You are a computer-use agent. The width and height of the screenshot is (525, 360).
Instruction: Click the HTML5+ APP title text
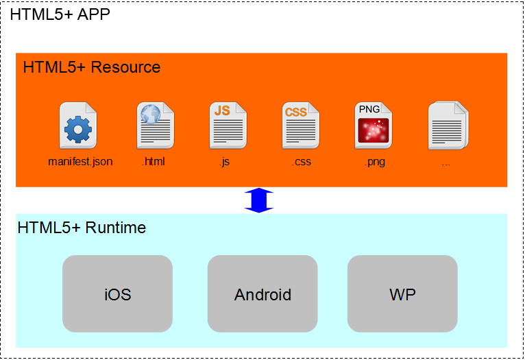[60, 14]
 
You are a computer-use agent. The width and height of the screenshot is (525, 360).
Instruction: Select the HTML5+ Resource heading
[91, 67]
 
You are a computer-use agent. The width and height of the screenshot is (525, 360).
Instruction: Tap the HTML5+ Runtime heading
[82, 228]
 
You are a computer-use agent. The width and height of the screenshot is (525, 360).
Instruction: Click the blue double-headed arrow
[259, 200]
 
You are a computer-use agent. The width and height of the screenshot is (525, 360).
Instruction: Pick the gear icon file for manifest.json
[77, 126]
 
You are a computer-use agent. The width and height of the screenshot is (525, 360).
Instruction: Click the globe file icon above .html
[155, 126]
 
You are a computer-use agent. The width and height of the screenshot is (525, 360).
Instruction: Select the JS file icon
[228, 126]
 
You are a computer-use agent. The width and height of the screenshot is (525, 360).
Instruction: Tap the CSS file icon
[300, 126]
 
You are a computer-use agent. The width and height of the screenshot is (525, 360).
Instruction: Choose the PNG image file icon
[373, 126]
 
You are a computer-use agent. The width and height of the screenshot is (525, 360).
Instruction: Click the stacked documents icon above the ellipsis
[448, 126]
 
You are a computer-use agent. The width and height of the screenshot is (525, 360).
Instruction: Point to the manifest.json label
[80, 163]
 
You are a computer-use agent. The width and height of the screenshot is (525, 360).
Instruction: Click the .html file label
[153, 163]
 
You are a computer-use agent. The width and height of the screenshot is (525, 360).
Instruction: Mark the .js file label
[223, 163]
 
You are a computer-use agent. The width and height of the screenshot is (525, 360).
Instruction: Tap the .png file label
[374, 163]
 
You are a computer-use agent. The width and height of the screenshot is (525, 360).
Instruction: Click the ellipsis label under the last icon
[446, 164]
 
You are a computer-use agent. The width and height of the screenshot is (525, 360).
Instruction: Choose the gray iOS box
[117, 294]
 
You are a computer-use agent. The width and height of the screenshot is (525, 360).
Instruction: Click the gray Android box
[262, 294]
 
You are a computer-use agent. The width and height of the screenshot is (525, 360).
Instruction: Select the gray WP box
[402, 294]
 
